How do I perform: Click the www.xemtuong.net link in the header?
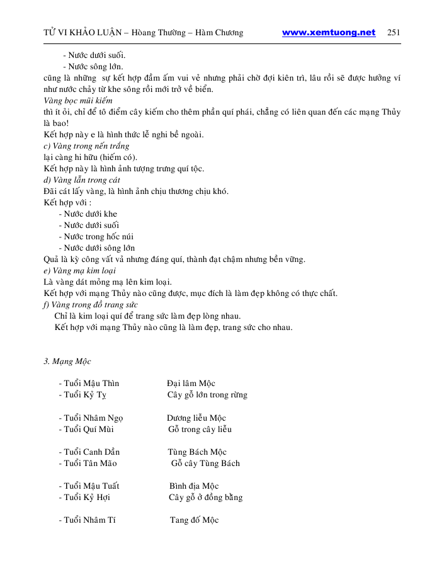pos(328,33)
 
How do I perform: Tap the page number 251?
pos(394,33)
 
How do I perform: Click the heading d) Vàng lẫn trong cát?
pos(78,180)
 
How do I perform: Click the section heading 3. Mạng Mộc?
pos(67,362)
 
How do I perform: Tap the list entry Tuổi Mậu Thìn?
pos(88,384)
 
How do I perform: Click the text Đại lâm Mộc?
pos(191,384)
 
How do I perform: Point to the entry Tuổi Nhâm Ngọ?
pos(91,418)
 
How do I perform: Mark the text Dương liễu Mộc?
pos(196,418)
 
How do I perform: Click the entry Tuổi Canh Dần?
pos(89,452)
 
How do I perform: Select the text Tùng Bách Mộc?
pos(196,452)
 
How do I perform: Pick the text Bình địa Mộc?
pos(194,486)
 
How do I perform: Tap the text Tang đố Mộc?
pos(194,520)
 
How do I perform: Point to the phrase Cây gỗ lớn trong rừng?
pos(207,395)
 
